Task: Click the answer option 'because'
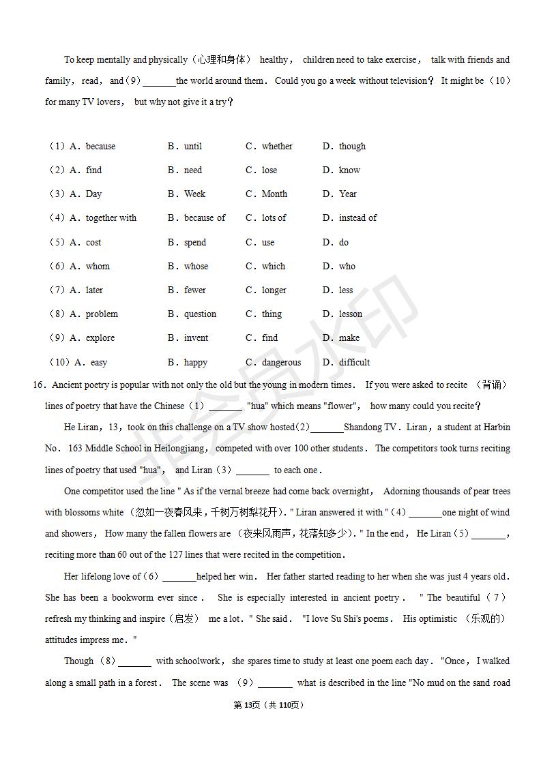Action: click(100, 147)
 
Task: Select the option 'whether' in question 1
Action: click(277, 147)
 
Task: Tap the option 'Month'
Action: click(274, 194)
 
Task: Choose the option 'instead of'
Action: click(357, 218)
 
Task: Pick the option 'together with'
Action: click(111, 218)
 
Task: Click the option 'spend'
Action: click(194, 243)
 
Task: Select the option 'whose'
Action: click(196, 267)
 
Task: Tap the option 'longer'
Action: click(274, 290)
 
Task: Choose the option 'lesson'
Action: click(351, 314)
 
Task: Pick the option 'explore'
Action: click(100, 338)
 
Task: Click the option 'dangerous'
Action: click(281, 363)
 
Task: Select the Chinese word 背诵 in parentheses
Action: click(491, 385)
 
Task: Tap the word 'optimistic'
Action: click(438, 619)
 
